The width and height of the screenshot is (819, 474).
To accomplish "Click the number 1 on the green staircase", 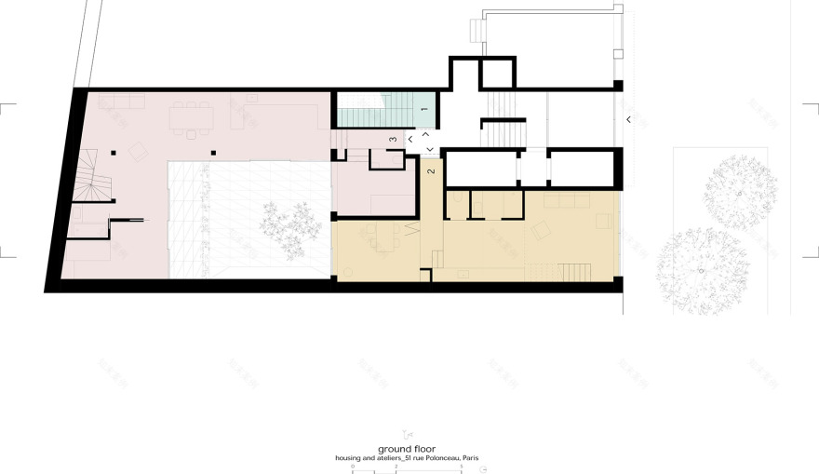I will (x=424, y=111).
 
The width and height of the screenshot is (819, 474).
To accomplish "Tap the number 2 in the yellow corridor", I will (x=431, y=170).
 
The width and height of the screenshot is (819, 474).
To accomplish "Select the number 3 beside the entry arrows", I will (x=394, y=140).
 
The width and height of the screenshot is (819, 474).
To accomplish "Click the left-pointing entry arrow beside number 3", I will (x=410, y=140).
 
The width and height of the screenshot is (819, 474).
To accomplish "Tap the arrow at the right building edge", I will (x=628, y=119).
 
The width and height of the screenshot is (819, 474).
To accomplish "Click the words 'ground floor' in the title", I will (x=408, y=449).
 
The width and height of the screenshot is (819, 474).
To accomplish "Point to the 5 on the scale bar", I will (x=462, y=465).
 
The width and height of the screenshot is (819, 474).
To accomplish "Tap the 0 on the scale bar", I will (x=353, y=465).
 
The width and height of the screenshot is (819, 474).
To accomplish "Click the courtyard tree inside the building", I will (x=288, y=224).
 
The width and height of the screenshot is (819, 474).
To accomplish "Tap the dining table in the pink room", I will (x=192, y=117).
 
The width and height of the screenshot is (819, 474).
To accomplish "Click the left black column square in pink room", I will (x=112, y=152).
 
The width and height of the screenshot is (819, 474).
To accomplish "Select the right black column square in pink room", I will (x=213, y=152).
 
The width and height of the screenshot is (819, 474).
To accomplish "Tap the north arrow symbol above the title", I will (x=407, y=433).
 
